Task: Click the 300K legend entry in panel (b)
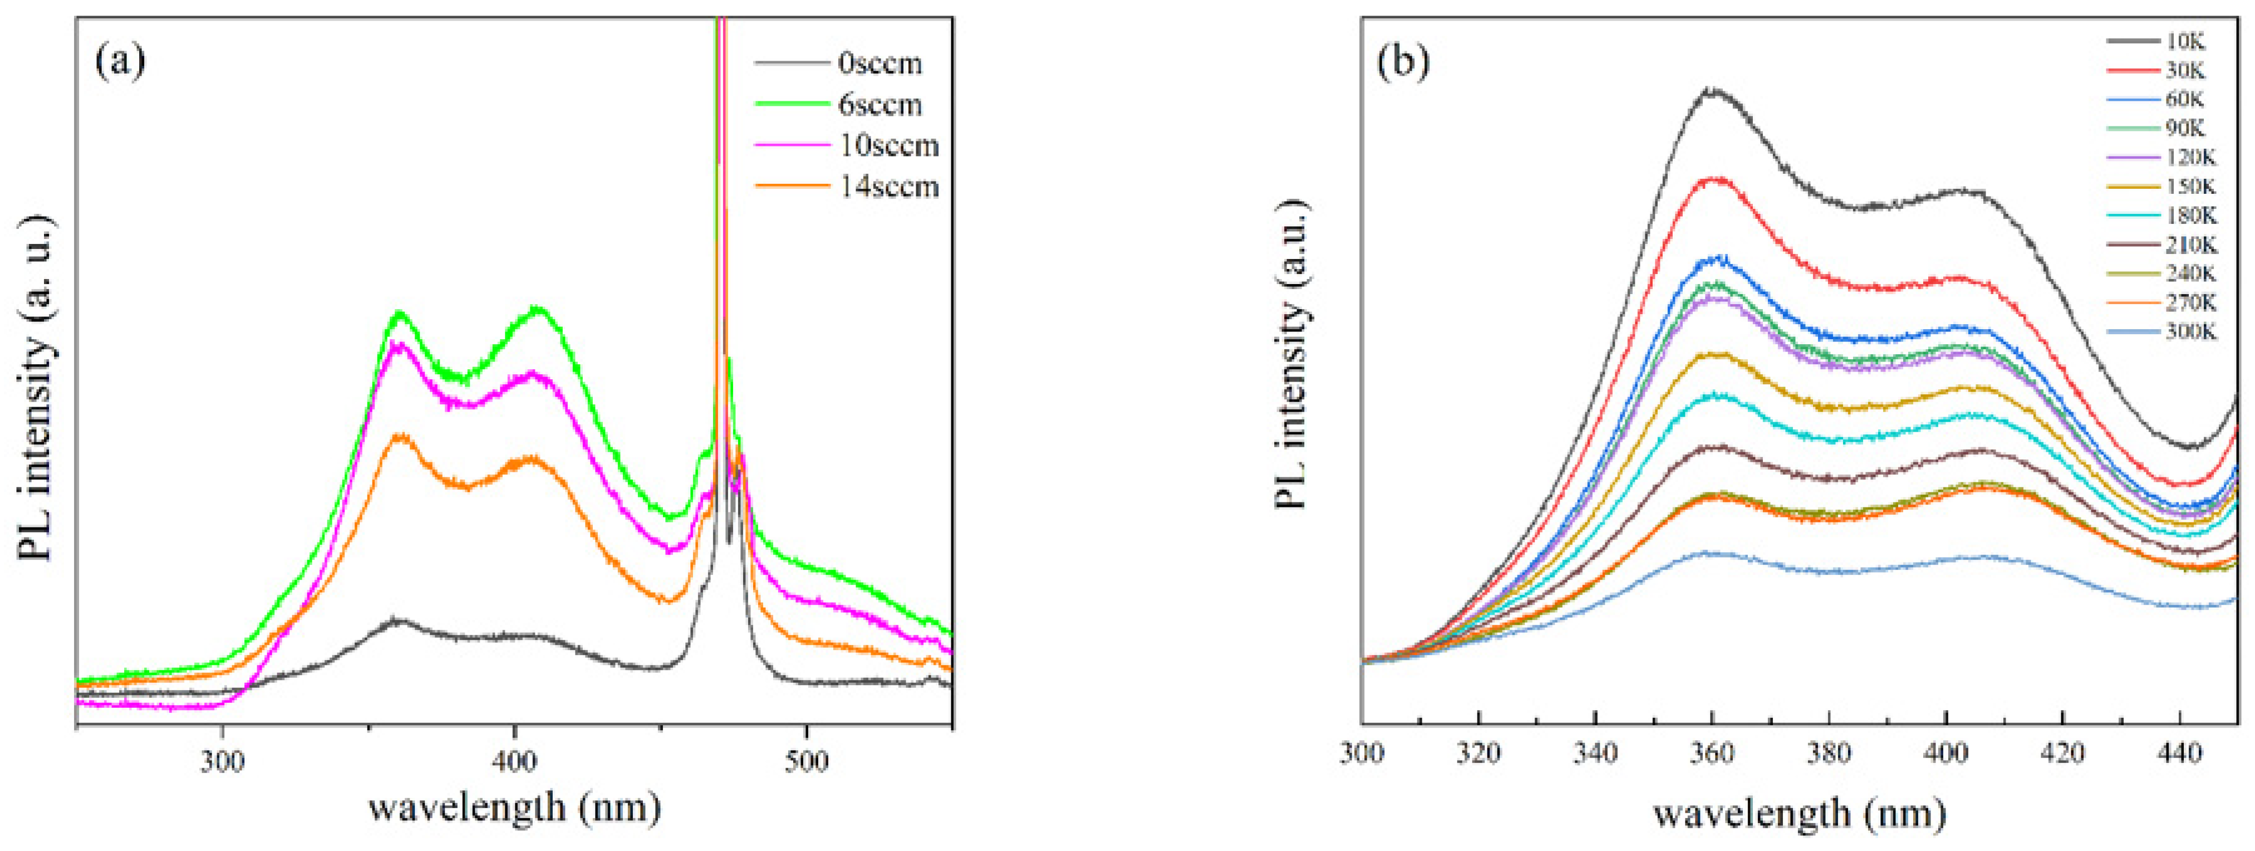(x=2190, y=332)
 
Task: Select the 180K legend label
(x=2190, y=216)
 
